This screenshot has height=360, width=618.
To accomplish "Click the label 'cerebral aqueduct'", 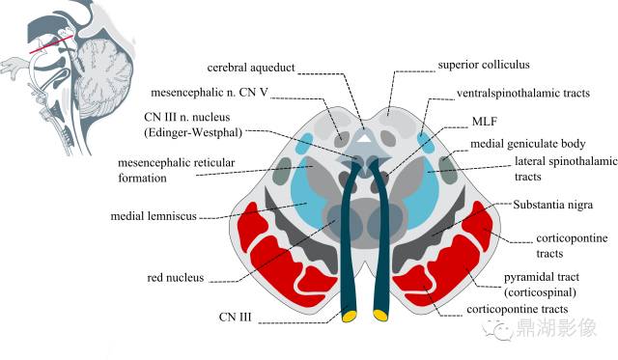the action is click(x=251, y=68).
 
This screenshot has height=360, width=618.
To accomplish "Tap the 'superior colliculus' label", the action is click(x=484, y=65).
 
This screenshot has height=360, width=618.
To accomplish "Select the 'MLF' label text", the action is click(x=484, y=122).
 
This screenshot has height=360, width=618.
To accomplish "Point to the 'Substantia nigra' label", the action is click(x=552, y=205).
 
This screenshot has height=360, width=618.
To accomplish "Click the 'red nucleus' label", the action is click(x=176, y=278).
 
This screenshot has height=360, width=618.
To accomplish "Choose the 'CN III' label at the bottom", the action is click(x=235, y=318).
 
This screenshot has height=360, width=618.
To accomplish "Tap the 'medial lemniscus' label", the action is click(x=154, y=216).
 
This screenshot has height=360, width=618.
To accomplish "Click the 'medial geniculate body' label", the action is click(x=528, y=144).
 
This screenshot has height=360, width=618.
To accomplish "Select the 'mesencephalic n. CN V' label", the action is click(x=210, y=93).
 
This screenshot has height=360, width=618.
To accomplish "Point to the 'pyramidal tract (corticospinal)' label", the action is click(x=542, y=285).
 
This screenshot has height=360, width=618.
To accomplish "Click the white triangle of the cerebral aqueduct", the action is click(x=366, y=138).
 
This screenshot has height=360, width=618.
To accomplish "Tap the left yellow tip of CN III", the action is click(x=350, y=316).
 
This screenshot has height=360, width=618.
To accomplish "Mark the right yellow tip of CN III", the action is click(x=380, y=315).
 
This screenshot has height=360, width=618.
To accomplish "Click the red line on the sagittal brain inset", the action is click(x=51, y=44).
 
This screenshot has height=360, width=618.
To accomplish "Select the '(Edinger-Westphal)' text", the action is click(x=193, y=133).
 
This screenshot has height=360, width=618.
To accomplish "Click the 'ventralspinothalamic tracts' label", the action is click(x=523, y=94).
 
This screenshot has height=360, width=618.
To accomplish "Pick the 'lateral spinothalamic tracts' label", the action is click(x=566, y=169).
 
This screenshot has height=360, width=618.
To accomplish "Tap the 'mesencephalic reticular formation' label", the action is click(x=176, y=170).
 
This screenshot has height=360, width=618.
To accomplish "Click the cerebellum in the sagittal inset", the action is click(x=104, y=75).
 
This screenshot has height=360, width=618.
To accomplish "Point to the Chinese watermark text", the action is click(x=556, y=328).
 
